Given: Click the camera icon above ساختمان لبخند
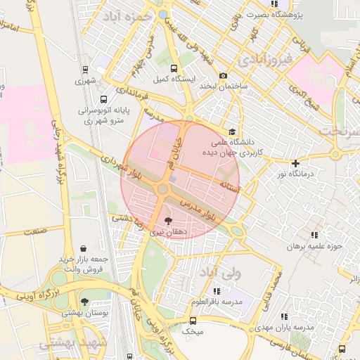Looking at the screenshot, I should [x=224, y=76].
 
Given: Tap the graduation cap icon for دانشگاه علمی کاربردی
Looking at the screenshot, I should [x=233, y=131].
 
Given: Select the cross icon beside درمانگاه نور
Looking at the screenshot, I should [x=296, y=164].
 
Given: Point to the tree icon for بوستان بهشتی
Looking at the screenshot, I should [x=85, y=302].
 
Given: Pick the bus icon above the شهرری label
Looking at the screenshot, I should [x=85, y=70].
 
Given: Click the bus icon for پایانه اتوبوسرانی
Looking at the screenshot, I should [x=103, y=100].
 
